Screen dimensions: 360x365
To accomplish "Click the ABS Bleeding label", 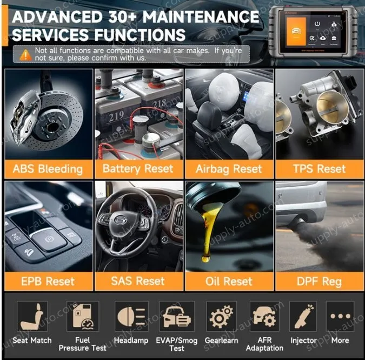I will coord(48,168).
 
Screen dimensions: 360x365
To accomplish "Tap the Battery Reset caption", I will coord(138,168).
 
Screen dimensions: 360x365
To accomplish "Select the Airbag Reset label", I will coord(229,168).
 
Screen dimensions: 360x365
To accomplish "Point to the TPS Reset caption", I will coord(319,168).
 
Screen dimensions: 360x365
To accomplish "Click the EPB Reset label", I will coord(48,281).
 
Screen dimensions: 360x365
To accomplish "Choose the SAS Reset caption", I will coord(138,281).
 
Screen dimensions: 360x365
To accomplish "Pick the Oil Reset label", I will coord(229,281).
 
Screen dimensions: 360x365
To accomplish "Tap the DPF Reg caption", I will coord(319,281).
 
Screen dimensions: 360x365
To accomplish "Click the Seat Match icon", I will coord(32,316).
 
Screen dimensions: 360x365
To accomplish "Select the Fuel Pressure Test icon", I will coord(82,316).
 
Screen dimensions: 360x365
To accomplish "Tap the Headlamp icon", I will coord(131,316).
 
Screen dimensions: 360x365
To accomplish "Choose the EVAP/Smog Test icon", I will coord(176,316).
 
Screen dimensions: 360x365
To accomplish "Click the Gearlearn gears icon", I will coord(221,316).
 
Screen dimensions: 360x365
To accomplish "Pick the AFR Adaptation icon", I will coord(264,316).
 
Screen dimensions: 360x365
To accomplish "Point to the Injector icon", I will coord(303,316).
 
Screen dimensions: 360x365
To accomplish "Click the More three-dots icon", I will coord(340,316).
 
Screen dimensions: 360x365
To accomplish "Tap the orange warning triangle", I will coord(25,54).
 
